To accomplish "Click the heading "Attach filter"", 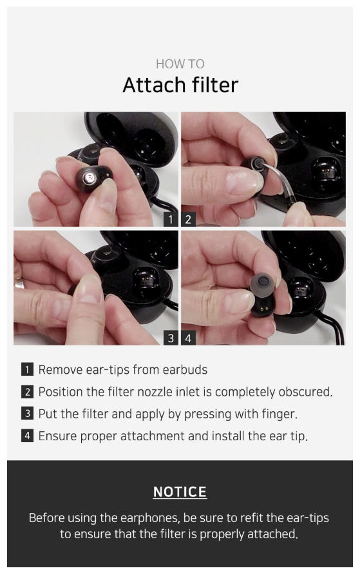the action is (x=180, y=86).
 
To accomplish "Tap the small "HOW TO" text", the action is (x=180, y=64).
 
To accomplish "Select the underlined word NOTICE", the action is (x=180, y=492).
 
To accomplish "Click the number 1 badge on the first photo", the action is (x=171, y=219).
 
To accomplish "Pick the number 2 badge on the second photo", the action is (x=188, y=219).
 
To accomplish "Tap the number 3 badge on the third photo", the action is (x=171, y=338).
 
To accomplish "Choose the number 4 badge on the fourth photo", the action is (x=188, y=338).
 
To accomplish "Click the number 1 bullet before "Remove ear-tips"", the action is (x=28, y=369).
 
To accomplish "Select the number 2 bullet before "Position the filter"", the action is (x=28, y=392).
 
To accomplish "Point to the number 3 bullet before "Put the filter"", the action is (x=28, y=414).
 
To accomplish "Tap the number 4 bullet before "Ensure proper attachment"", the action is (x=28, y=436).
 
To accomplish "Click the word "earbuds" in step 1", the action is (x=185, y=369).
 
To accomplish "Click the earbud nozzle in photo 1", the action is (x=90, y=178).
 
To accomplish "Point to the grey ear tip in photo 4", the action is (x=263, y=284).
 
